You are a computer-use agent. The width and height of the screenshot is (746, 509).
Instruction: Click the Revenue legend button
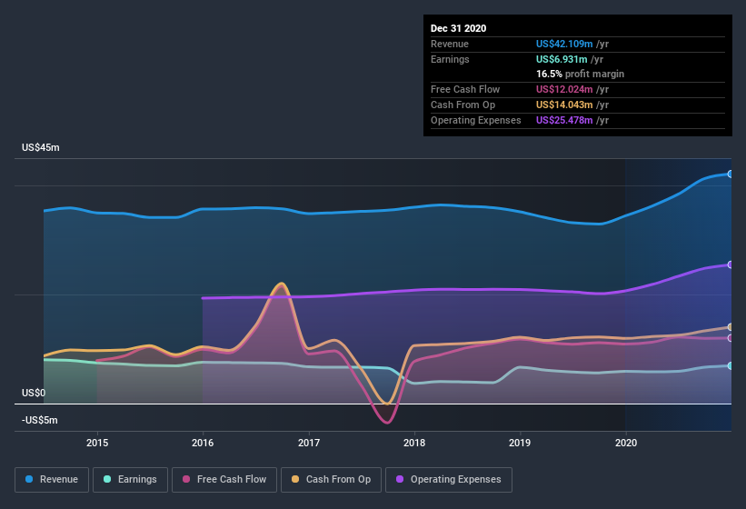52,479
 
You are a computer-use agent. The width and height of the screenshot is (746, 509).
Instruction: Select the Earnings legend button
130,479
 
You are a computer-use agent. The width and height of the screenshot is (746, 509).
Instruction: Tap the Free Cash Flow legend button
224,479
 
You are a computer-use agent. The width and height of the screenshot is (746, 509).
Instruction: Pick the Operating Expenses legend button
448,479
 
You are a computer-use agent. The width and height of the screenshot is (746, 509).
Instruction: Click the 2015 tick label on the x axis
97,443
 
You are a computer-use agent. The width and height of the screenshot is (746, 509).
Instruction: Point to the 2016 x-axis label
203,443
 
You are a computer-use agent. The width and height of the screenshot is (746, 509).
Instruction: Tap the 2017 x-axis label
309,443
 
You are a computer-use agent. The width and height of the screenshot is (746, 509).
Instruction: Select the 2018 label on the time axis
415,443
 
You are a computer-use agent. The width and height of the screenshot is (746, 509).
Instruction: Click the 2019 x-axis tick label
521,443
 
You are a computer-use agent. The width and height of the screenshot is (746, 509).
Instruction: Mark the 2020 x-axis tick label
626,443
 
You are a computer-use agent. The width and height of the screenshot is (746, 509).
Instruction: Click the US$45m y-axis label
41,147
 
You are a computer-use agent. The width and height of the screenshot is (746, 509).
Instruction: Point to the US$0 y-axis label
34,394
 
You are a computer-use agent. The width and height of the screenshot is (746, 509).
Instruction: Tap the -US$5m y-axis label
39,420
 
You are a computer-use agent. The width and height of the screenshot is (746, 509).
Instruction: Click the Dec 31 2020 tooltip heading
458,28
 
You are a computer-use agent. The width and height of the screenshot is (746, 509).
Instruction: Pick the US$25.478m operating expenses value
572,120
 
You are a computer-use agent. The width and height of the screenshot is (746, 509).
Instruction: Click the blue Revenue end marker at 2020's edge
730,174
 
